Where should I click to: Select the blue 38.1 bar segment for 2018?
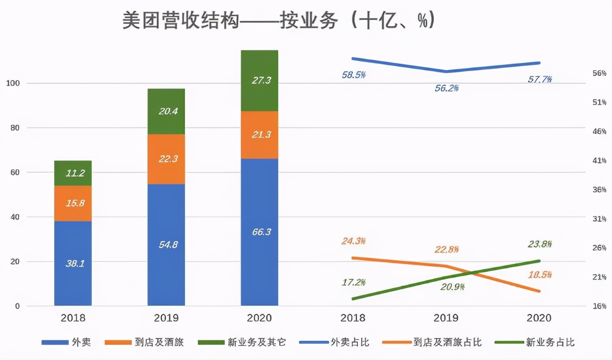tap(73, 263)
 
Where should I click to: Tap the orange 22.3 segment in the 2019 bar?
tap(166, 159)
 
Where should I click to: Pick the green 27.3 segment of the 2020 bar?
tap(259, 80)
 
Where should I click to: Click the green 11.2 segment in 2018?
tap(73, 173)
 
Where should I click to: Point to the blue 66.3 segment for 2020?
tap(259, 232)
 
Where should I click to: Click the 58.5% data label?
tap(354, 75)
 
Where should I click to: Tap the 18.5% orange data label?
tap(540, 276)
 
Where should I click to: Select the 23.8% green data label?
tap(540, 244)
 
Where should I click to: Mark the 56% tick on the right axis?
tap(599, 73)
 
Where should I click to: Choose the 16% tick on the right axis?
tap(599, 306)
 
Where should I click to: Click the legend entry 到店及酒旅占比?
tap(447, 342)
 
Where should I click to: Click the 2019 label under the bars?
tap(166, 318)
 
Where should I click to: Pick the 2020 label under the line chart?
tap(539, 318)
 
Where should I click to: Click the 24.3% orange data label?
tap(354, 241)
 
